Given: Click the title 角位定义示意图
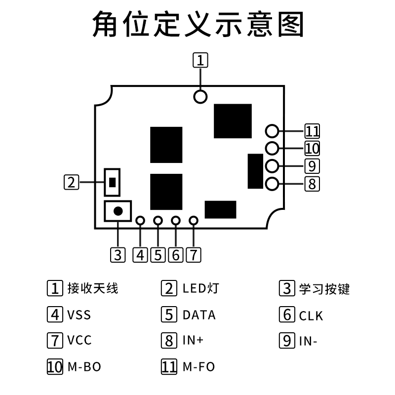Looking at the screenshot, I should (x=197, y=25).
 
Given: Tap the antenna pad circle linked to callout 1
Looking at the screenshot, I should (x=200, y=96).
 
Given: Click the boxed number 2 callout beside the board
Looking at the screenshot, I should (x=72, y=182).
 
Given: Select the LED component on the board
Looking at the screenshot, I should (x=113, y=182).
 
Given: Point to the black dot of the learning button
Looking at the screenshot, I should (x=118, y=211).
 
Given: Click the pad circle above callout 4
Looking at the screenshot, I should (x=140, y=221).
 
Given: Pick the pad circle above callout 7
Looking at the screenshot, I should (x=194, y=221).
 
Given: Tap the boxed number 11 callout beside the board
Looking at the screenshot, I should (x=312, y=131).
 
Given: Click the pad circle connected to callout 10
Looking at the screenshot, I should (x=272, y=148).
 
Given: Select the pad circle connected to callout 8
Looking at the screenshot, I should (x=272, y=184).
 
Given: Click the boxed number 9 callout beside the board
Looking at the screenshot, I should (x=312, y=165).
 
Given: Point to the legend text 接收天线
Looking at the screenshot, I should (x=93, y=288).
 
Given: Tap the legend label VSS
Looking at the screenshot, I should (x=79, y=315).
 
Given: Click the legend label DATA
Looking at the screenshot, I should (x=199, y=315).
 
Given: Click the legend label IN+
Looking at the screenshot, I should (x=193, y=341).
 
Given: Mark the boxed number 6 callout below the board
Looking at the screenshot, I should (x=175, y=255).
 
